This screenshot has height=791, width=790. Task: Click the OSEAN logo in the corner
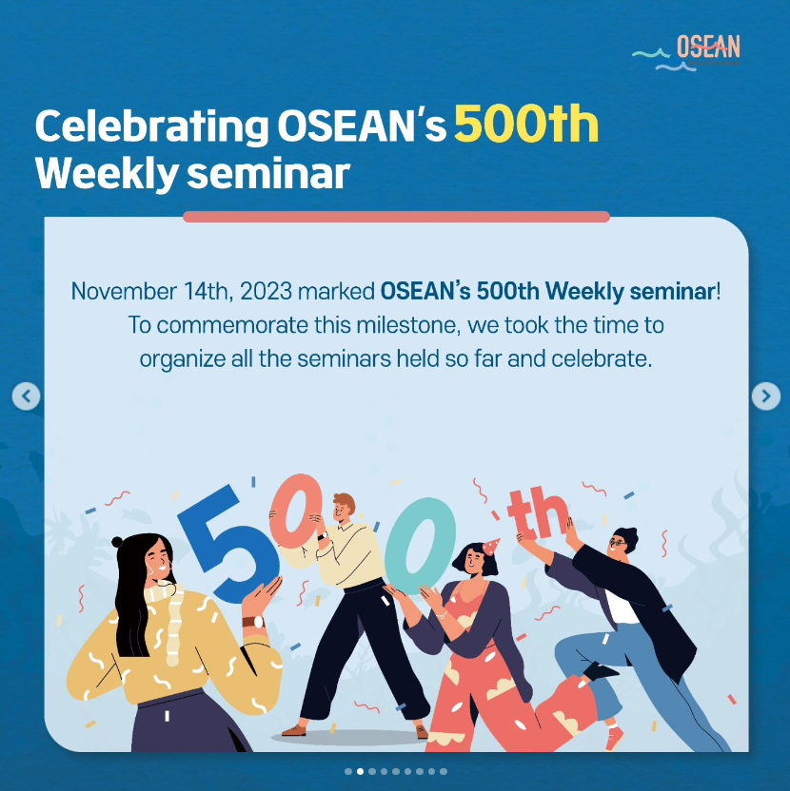pos(686,52)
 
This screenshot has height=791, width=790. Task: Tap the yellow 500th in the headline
pos(525,125)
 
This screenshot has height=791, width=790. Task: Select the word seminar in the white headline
pos(268,174)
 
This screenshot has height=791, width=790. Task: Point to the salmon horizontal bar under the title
pos(397,217)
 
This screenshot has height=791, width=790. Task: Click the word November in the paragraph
pos(124,292)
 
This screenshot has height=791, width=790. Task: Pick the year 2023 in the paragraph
pos(266,292)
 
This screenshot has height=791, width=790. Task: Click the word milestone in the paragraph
pos(408,325)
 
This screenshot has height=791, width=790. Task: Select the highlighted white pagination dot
pos(360,771)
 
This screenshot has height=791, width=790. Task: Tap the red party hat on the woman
pos(491,547)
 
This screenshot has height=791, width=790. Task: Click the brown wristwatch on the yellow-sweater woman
pos(253,622)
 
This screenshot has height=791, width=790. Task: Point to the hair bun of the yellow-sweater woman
pos(117,542)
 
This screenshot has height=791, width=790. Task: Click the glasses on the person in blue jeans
pos(618,543)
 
